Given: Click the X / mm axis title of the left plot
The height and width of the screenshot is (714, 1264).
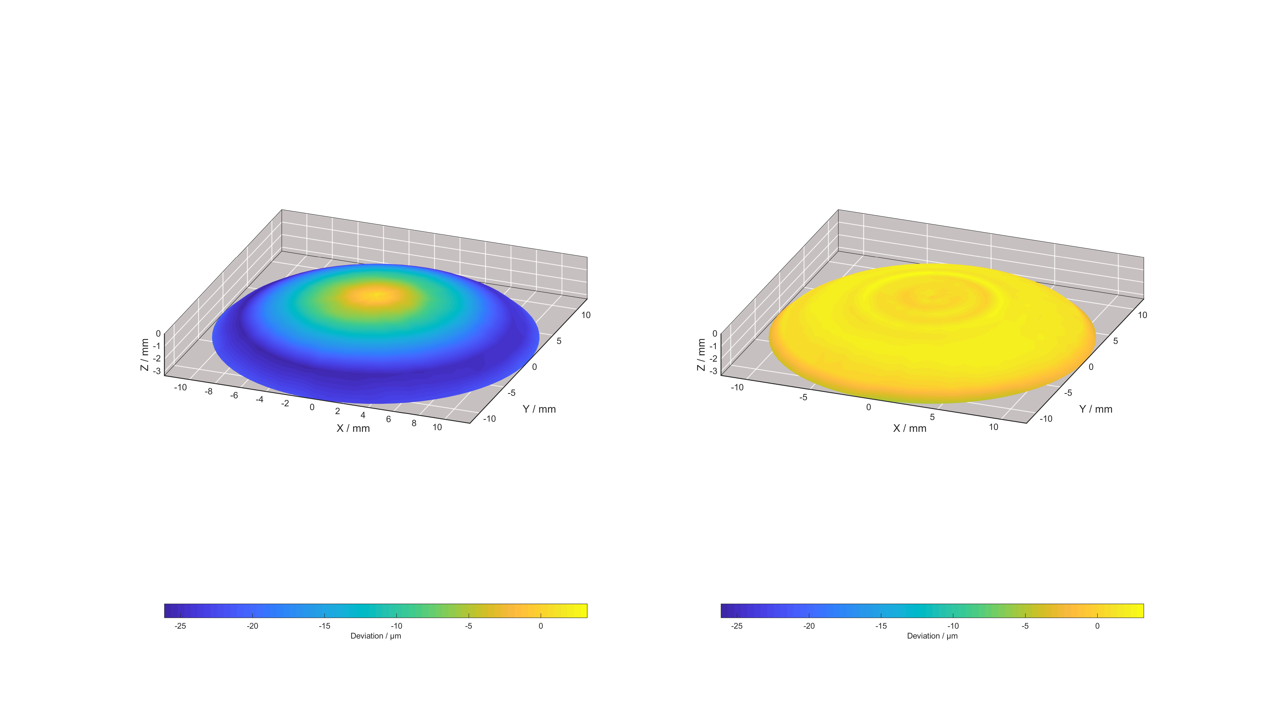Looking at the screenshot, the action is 353,428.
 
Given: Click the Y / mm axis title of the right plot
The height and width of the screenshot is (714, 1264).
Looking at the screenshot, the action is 1096,409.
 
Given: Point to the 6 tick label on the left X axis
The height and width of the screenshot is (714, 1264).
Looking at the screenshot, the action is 388,419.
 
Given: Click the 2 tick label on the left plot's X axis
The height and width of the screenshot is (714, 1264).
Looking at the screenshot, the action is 337,411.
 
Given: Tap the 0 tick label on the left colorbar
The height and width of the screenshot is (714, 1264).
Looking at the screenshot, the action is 541,626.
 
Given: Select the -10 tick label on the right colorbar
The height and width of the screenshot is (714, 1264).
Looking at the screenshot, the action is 953,626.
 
